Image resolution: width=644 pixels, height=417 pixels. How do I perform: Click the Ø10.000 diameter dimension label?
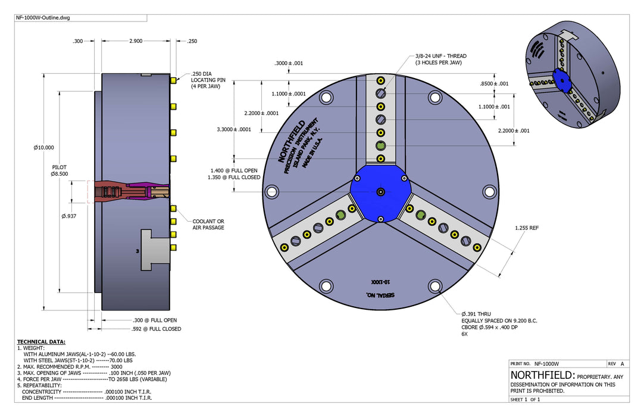43,148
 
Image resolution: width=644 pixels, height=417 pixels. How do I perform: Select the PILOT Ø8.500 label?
60,170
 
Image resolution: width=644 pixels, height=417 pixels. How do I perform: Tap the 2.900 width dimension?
136,41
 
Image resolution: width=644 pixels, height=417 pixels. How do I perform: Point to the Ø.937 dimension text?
68,216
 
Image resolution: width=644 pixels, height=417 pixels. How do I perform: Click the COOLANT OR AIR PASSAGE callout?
208,225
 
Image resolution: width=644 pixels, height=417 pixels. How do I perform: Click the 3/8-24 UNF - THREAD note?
440,59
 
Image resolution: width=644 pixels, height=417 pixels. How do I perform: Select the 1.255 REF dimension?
527,228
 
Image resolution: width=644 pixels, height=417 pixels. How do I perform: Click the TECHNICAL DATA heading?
41,342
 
